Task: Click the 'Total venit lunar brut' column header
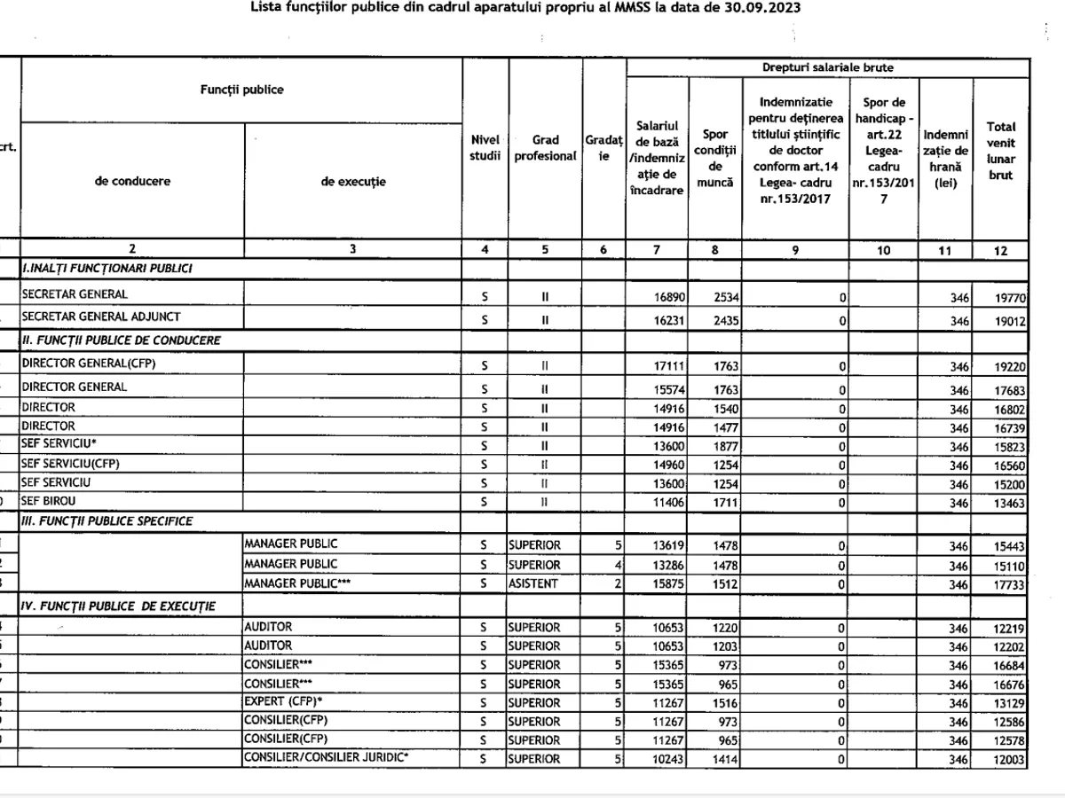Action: tap(1000, 152)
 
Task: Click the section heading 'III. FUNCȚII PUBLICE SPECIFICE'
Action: tap(106, 521)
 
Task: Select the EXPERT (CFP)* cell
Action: tap(284, 703)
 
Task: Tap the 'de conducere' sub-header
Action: tap(132, 181)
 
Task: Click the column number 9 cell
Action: tap(795, 250)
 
